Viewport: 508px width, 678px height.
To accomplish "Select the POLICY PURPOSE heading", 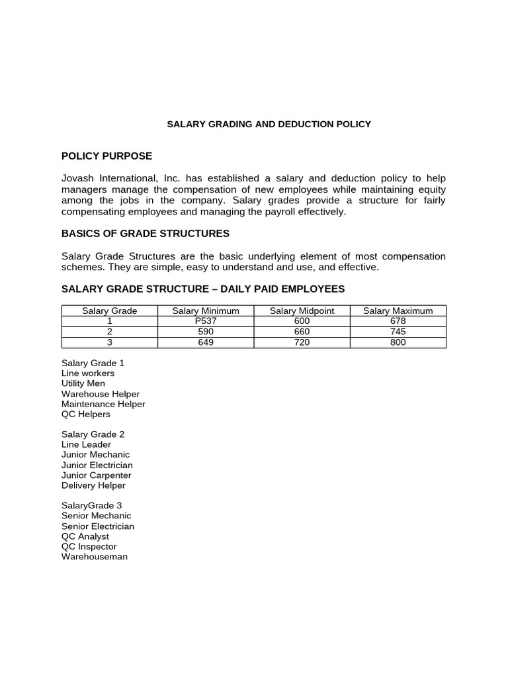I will pos(106,156).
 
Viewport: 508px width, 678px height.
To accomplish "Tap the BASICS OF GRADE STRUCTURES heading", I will pos(146,233).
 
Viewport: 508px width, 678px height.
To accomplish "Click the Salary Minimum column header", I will pos(206,311).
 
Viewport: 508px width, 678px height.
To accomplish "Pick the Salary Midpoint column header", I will pos(302,311).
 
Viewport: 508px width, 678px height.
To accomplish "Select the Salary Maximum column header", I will pos(398,311).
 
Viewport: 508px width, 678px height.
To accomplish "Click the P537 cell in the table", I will pos(206,321).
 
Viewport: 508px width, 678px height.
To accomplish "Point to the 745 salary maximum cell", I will pos(398,332).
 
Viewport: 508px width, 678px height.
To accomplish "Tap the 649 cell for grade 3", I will pos(206,342).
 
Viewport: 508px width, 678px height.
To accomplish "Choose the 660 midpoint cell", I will pos(302,332).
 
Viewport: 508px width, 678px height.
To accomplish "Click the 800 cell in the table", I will pos(398,342).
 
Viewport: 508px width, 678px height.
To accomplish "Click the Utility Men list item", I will pos(83,383).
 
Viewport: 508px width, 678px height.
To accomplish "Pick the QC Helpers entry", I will pos(86,414).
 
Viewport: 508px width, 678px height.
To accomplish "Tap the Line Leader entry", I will pos(86,444).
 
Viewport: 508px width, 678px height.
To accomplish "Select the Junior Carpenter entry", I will pos(97,475).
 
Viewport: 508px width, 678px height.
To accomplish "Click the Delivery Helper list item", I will pos(93,485).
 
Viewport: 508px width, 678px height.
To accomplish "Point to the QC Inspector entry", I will pos(89,546).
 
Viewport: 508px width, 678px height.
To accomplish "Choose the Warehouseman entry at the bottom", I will pos(95,557).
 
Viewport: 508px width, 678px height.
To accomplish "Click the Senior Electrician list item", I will pos(98,526).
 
